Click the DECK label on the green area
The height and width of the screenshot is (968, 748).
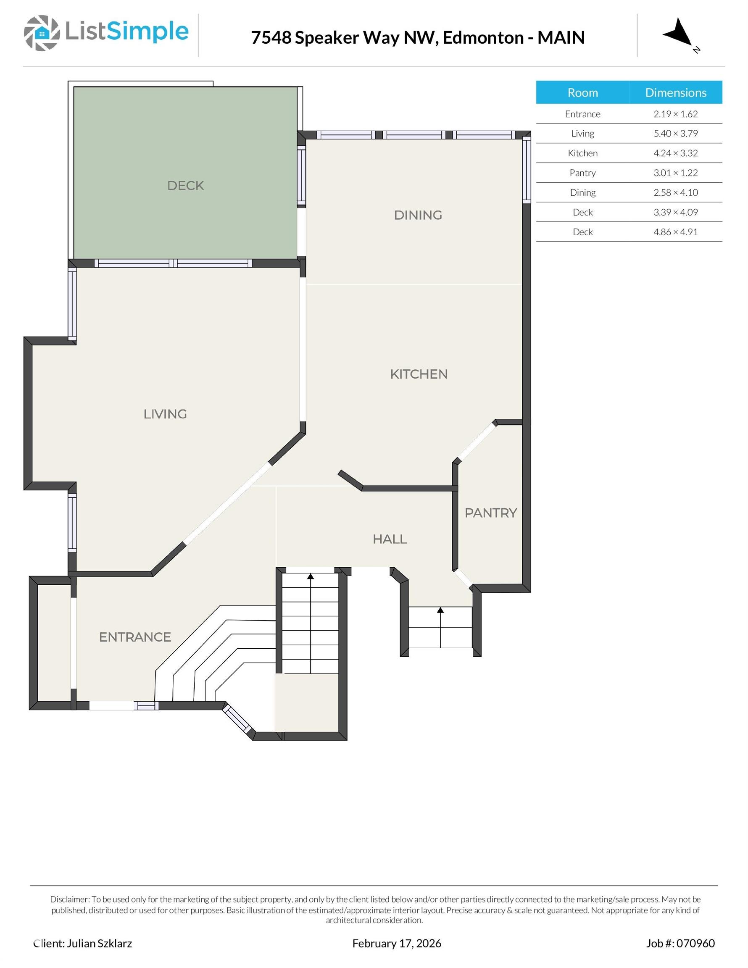pos(185,185)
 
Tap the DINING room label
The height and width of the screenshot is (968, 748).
pos(418,215)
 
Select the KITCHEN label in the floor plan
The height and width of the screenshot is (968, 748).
pos(419,374)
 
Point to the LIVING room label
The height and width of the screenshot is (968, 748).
pos(165,414)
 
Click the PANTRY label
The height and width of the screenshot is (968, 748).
pos(491,513)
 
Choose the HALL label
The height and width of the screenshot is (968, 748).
pos(390,539)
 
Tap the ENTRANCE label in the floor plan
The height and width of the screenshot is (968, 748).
pos(135,637)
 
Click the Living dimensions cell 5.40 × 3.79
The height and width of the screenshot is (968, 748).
pos(675,134)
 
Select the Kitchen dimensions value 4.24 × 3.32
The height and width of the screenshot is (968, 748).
pos(675,153)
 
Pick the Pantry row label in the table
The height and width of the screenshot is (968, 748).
pos(582,173)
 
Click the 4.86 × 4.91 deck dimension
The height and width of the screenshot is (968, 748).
pos(675,232)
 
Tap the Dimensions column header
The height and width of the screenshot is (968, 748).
pos(675,92)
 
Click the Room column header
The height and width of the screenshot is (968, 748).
pos(582,92)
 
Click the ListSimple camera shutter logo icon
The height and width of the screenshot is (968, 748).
pos(42,33)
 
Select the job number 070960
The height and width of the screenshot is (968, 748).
pos(695,943)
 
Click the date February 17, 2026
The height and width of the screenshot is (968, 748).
pos(396,943)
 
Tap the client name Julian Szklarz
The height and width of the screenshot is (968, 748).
pos(99,943)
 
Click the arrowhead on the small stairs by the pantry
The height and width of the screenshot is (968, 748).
pos(440,610)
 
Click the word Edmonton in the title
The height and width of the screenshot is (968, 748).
pos(483,38)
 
